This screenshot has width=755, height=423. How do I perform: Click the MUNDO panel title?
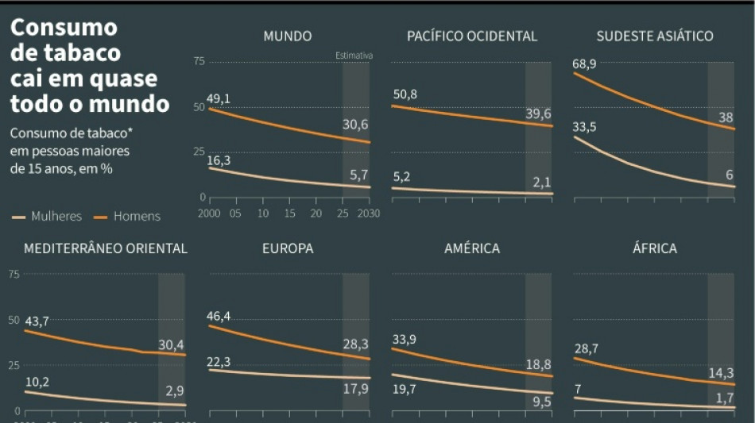point(287,36)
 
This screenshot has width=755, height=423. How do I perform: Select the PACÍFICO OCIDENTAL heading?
point(472,36)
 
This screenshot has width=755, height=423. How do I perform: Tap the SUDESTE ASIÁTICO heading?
point(654,36)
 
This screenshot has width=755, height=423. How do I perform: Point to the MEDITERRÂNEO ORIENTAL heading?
point(106,248)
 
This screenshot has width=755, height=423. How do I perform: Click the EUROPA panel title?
point(288,248)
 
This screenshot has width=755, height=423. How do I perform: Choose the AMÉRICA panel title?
point(472,248)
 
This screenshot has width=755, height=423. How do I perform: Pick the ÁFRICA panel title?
point(654,248)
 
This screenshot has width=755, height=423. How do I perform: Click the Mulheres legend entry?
point(48,216)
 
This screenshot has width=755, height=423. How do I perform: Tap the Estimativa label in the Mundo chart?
point(354,56)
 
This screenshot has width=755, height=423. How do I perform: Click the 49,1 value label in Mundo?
point(219,98)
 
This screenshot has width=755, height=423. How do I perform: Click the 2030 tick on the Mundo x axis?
point(369,213)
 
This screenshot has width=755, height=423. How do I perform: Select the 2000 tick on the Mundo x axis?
point(208,213)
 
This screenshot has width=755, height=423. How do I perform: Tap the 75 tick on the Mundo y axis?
point(199,61)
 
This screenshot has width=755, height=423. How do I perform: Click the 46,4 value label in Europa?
point(218,317)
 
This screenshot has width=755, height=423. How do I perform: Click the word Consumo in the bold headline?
point(64,28)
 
